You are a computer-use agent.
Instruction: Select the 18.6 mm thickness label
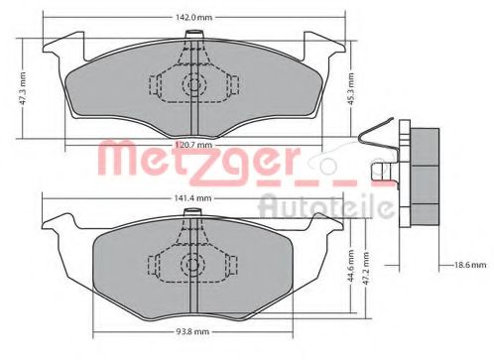point(470,266)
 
